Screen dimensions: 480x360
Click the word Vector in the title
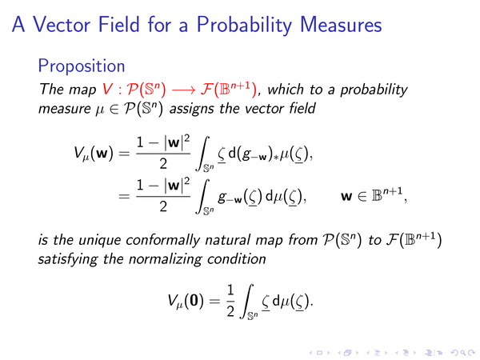[x=62, y=25]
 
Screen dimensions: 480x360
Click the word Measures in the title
[x=341, y=25]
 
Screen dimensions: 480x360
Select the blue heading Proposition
[x=82, y=66]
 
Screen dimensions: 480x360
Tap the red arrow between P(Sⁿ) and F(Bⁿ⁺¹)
[x=183, y=90]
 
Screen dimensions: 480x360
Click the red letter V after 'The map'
[x=107, y=90]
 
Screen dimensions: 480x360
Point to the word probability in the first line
[x=374, y=90]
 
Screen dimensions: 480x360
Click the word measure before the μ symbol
[x=64, y=110]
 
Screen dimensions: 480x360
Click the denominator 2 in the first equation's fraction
[x=163, y=164]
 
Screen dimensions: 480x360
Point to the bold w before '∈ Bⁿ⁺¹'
[x=346, y=197]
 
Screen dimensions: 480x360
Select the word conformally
[x=163, y=241]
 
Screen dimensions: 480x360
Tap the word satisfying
[x=68, y=259]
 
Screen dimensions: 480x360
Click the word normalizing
[x=166, y=259]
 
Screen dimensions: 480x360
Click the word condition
[x=236, y=259]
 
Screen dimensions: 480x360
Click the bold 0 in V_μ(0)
[x=194, y=301]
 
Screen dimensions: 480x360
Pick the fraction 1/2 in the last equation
[x=230, y=301]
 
